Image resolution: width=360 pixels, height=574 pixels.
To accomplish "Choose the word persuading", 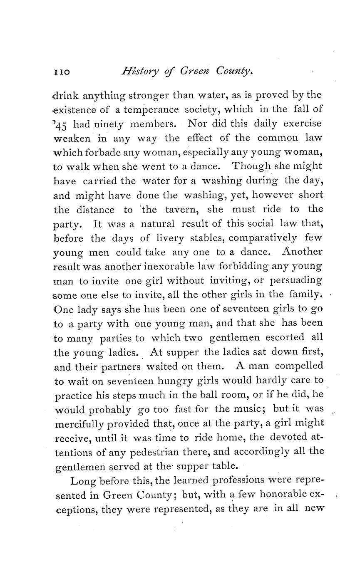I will (x=296, y=281).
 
